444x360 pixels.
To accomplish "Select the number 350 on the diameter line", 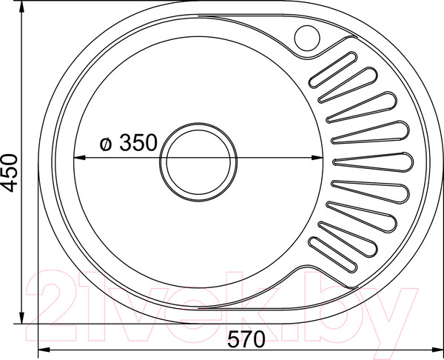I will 138,143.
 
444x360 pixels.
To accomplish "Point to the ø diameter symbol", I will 106,144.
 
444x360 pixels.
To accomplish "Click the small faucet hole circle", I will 306,36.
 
